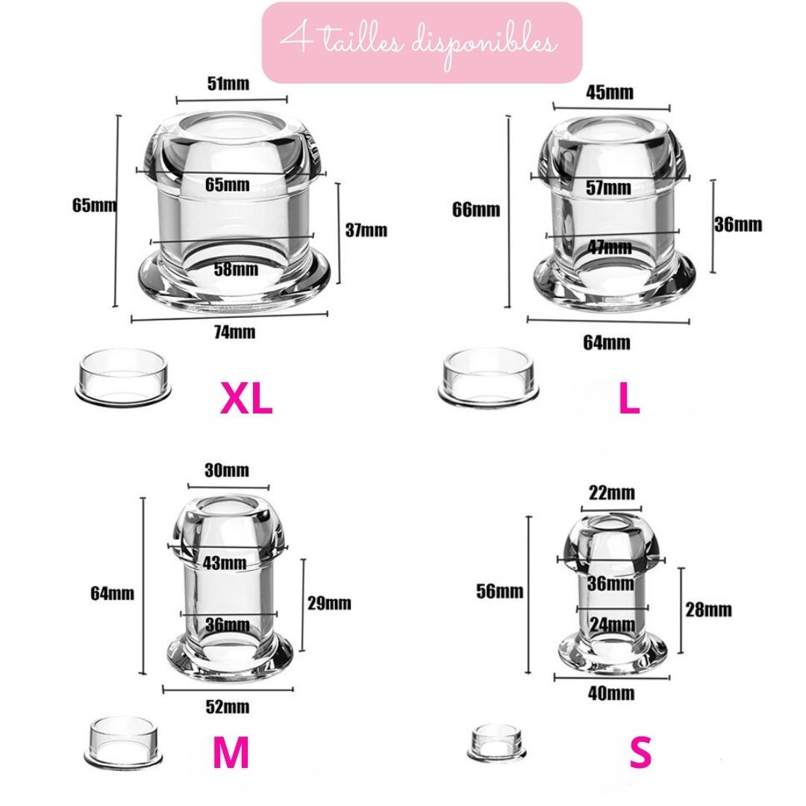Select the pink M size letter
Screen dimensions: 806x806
231,752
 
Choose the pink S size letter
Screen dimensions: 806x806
640,752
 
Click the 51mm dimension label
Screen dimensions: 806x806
228,84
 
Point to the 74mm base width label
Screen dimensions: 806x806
234,332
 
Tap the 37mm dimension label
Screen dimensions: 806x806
366,230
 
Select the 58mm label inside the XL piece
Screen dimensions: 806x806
236,269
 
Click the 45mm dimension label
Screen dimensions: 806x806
610,93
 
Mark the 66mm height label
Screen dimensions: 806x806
476,210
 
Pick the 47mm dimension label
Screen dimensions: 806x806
610,247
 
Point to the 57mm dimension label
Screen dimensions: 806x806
609,187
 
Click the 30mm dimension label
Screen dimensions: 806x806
227,470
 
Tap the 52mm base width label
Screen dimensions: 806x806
228,707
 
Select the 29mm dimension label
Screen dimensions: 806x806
330,603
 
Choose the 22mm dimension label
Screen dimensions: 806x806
612,493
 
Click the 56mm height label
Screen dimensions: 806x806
499,591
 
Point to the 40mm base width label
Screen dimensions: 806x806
611,693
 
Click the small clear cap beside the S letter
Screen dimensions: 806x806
496,743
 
